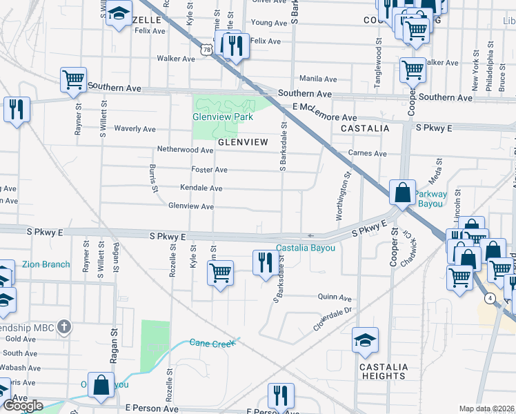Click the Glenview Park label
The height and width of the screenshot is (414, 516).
pos(222,117)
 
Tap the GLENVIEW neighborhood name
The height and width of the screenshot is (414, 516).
pos(243,142)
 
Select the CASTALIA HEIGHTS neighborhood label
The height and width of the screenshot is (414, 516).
pos(383,371)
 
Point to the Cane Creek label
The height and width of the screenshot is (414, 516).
pos(209,342)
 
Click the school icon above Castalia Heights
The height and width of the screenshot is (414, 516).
pos(365,339)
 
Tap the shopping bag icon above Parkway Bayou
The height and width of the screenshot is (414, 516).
pos(402,193)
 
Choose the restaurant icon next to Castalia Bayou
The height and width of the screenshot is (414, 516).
pos(265,262)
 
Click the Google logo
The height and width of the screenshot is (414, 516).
pos(23,406)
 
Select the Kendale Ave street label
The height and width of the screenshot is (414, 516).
pos(201,188)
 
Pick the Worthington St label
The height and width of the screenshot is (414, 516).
pos(343,197)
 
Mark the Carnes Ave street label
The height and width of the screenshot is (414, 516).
pos(368,153)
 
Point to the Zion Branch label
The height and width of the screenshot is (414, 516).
pos(45,264)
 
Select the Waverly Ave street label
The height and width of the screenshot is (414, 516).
pos(135,129)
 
